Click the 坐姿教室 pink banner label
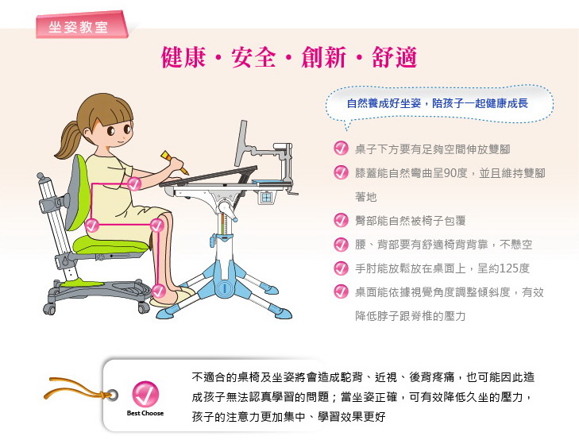82,25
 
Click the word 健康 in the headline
183,57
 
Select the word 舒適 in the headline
395,57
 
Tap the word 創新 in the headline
324,57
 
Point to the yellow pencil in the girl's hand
174,162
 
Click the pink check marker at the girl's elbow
134,183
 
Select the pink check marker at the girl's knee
157,225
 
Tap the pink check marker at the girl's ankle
159,291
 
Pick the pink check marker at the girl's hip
91,225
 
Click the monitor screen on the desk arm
241,143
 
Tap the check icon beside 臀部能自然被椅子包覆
341,220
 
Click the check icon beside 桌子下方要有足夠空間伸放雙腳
341,149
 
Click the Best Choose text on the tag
145,413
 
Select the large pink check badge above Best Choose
145,394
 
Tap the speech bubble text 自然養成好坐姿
384,103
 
